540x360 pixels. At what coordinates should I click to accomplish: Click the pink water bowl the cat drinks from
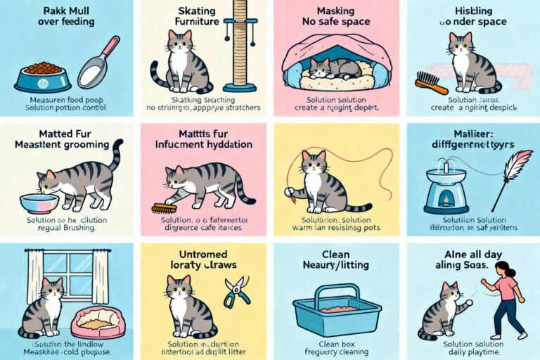[x=39, y=202]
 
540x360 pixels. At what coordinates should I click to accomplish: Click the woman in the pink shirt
[x=508, y=295]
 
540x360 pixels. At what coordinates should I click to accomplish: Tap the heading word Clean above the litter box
[x=337, y=254]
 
